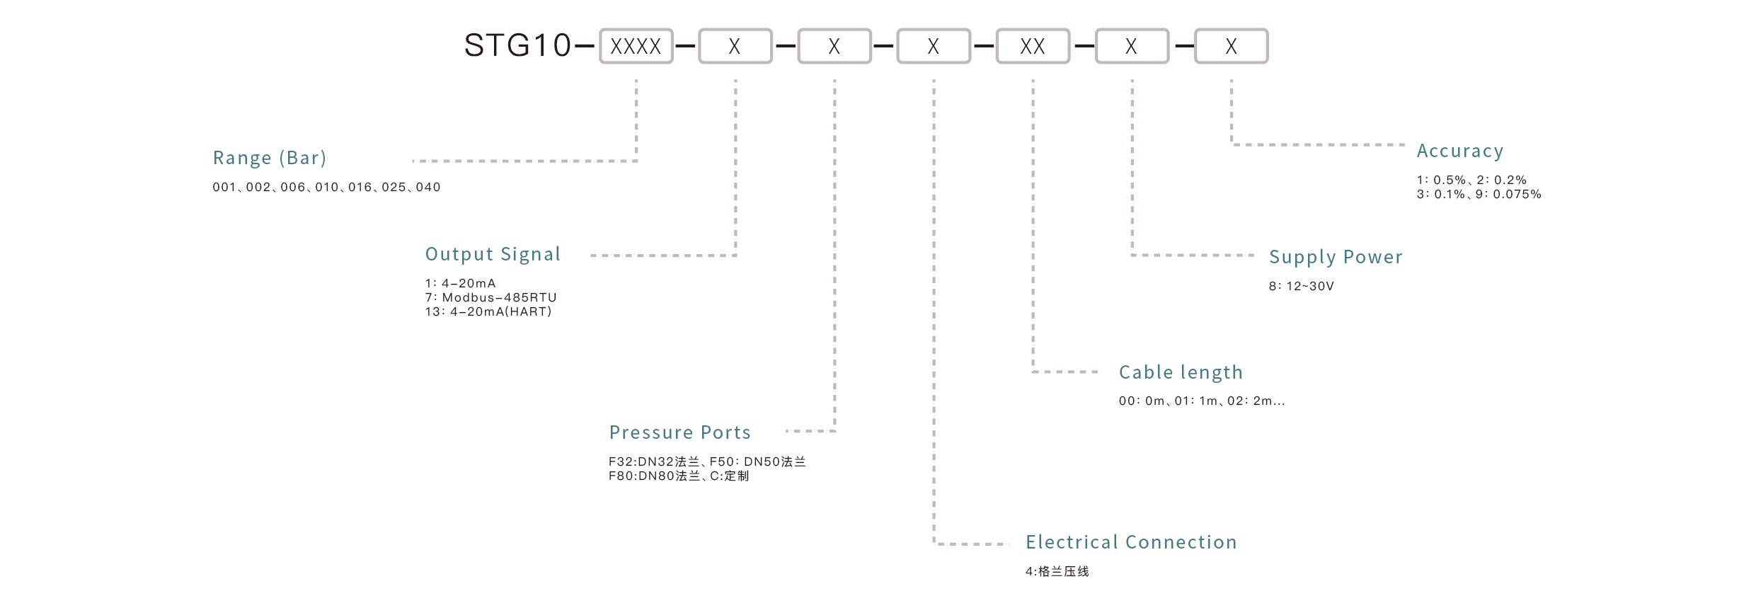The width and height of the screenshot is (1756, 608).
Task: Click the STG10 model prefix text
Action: (517, 46)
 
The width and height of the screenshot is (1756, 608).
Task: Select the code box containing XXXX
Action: (636, 47)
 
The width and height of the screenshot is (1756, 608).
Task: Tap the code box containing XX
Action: (1033, 47)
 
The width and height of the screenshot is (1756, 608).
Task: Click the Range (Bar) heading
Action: (270, 158)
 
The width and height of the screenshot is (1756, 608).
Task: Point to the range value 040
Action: (428, 188)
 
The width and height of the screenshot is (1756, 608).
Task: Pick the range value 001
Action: (224, 188)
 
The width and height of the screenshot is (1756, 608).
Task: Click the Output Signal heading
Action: (493, 254)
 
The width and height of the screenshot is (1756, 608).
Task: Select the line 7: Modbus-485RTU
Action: (490, 298)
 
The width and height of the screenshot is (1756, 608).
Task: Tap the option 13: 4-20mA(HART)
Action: (488, 312)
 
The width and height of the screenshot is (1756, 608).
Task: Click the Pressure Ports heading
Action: (679, 432)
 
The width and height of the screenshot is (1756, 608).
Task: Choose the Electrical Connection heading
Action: (1131, 542)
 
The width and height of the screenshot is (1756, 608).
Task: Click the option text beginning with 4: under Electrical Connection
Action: (1057, 572)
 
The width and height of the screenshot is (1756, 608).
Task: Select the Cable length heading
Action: (1181, 372)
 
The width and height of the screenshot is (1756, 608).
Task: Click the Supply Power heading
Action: (1336, 257)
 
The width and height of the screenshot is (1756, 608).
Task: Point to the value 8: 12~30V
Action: (1301, 287)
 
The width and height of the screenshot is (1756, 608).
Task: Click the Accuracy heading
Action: (1459, 151)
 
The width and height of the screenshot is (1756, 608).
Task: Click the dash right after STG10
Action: (585, 47)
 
